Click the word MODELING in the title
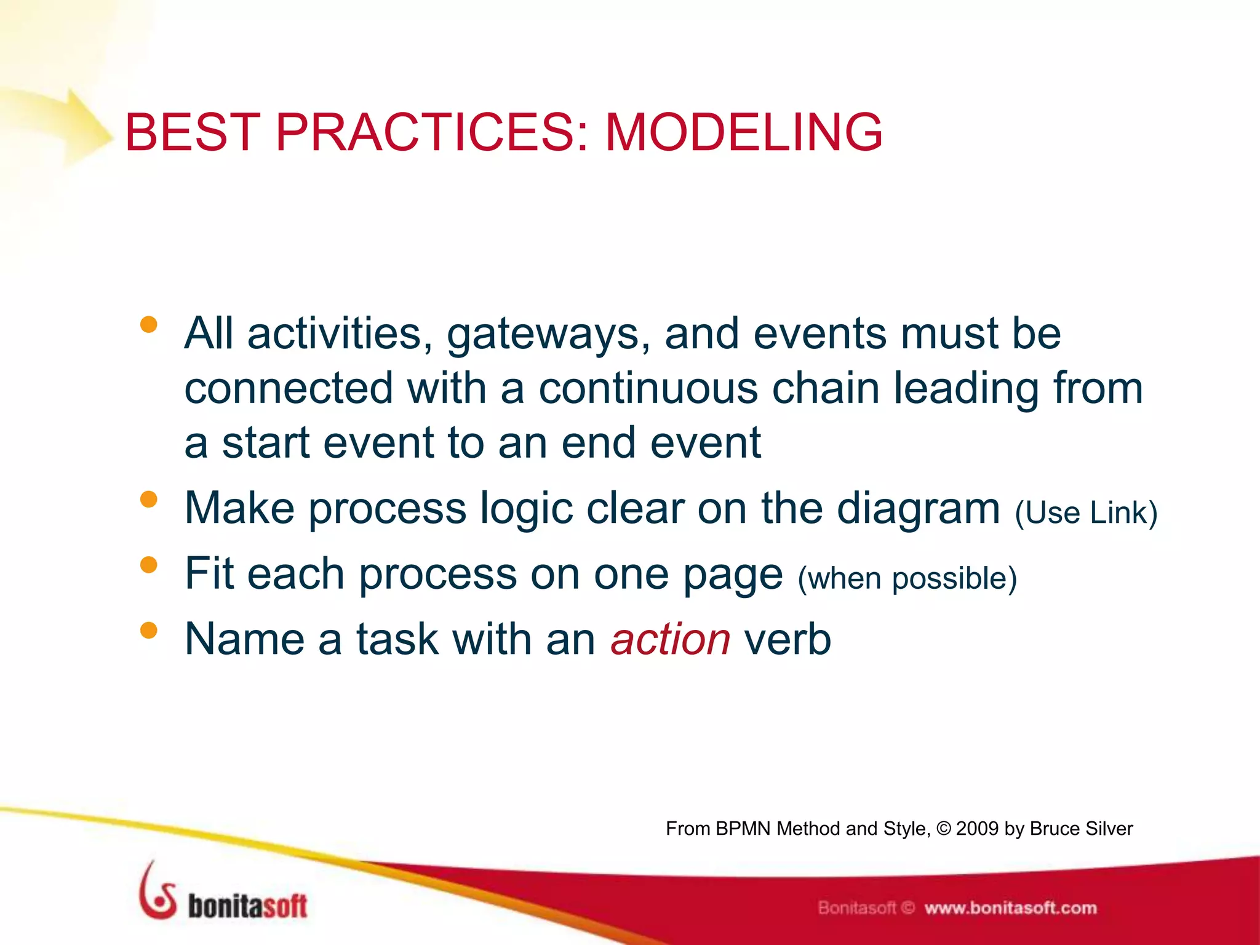point(744,132)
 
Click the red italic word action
point(670,639)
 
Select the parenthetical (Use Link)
point(1086,512)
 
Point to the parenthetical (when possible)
point(907,578)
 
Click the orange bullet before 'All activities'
point(148,324)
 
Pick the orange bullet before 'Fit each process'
point(148,564)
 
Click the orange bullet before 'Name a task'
point(148,630)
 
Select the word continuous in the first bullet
point(648,389)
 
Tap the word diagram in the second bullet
point(918,509)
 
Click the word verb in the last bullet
point(787,639)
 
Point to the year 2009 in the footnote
point(976,829)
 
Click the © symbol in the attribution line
point(943,829)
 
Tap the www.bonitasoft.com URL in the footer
point(1010,908)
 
